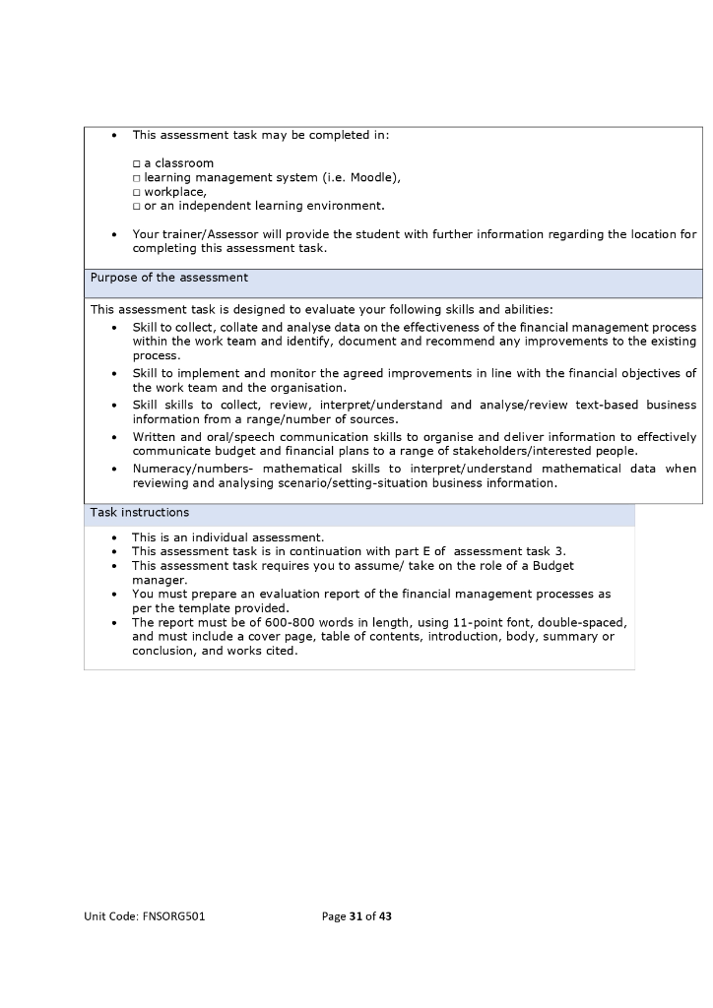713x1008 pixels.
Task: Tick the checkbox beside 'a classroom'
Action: click(x=137, y=163)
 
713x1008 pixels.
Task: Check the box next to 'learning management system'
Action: click(x=137, y=178)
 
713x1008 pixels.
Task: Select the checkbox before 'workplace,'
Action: click(x=137, y=192)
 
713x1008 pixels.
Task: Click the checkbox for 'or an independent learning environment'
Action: click(x=137, y=207)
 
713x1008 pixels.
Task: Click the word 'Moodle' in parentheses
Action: click(x=370, y=177)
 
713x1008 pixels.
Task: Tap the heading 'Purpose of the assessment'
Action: click(x=169, y=278)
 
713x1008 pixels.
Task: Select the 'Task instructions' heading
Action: click(x=140, y=513)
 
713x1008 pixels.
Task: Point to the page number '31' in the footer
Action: click(x=356, y=916)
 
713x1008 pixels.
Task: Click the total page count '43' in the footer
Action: click(x=385, y=916)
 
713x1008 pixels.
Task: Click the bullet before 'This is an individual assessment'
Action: click(x=115, y=537)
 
